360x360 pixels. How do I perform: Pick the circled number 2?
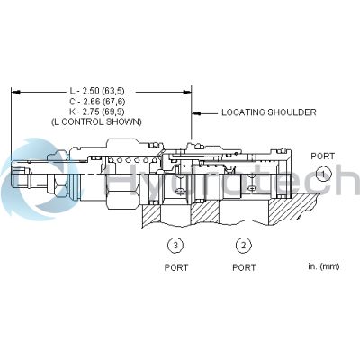(243, 245)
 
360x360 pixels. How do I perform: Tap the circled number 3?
(175, 245)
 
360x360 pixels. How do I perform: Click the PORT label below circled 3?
(175, 267)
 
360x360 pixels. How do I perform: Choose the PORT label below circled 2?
(243, 267)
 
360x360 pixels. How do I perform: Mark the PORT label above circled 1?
(322, 156)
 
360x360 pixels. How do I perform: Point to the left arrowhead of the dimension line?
(15, 90)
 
